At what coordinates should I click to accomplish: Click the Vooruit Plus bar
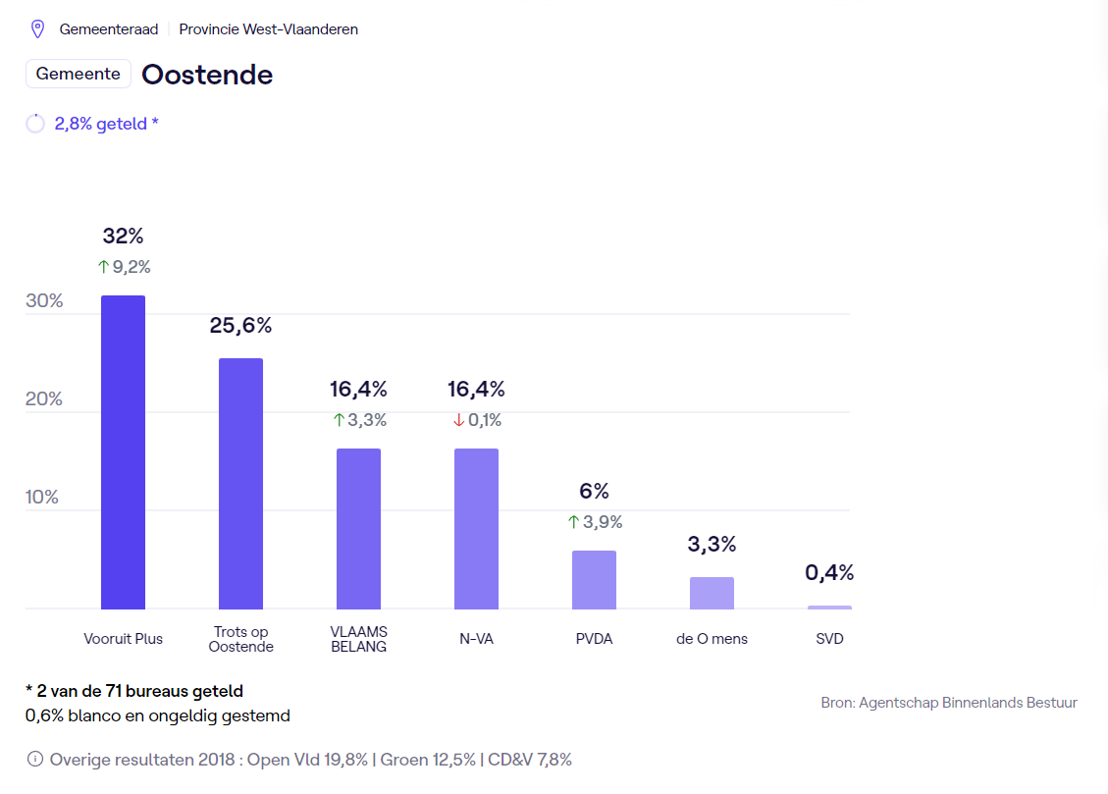click(123, 451)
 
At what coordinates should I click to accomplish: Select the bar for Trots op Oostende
click(240, 483)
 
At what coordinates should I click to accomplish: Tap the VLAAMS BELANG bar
click(358, 528)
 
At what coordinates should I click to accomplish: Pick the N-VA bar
click(476, 528)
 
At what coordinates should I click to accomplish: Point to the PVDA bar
click(594, 579)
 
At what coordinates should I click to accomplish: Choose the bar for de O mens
click(712, 593)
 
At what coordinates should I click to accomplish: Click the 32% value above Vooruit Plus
click(123, 237)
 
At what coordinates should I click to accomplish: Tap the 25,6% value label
click(240, 326)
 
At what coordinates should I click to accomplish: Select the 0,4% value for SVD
click(829, 572)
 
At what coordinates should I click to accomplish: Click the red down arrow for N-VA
click(458, 420)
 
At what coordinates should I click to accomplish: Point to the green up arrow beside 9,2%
click(103, 266)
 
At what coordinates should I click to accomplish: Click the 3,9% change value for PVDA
click(603, 522)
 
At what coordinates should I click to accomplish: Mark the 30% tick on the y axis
click(44, 300)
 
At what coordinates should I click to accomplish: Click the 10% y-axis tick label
click(42, 497)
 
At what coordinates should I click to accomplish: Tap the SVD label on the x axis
click(829, 639)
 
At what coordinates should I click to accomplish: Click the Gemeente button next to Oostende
click(79, 74)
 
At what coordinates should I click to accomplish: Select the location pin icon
click(38, 29)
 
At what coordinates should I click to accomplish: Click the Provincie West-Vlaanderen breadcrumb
click(268, 29)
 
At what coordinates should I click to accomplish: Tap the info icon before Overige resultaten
click(35, 759)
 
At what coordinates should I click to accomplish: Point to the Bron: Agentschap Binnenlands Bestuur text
click(949, 703)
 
